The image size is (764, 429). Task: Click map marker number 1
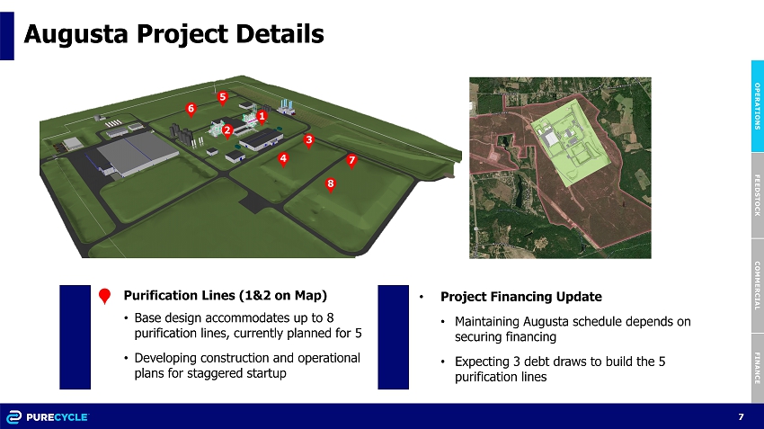click(x=262, y=117)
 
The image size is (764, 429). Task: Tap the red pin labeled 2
click(x=227, y=131)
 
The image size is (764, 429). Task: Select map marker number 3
click(x=308, y=141)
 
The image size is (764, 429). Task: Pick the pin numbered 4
click(x=283, y=159)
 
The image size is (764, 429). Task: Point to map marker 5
click(x=223, y=98)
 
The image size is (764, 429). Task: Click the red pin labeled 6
click(x=191, y=109)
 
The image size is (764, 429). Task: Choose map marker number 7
click(x=351, y=161)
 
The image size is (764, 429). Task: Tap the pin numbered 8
click(x=331, y=184)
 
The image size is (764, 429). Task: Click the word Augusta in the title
click(x=76, y=34)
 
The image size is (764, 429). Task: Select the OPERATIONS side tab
click(x=757, y=106)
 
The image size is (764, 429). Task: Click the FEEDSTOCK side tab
click(x=757, y=195)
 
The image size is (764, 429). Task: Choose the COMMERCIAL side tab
click(x=757, y=286)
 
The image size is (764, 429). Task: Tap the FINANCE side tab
click(x=757, y=368)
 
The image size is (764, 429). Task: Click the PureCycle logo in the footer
click(x=48, y=417)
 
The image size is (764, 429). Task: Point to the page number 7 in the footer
click(x=742, y=416)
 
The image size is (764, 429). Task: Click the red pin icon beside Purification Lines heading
click(x=104, y=295)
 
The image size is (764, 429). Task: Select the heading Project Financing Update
click(x=520, y=297)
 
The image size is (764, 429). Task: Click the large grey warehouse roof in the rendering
click(x=137, y=151)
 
